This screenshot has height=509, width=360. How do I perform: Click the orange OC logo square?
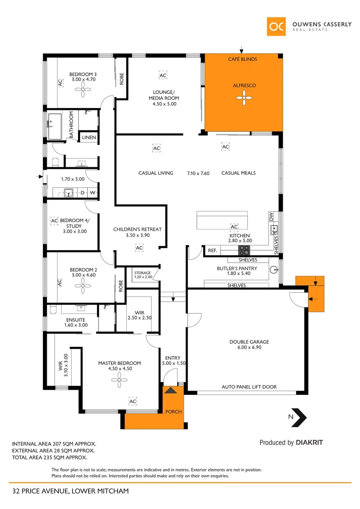click(x=276, y=27)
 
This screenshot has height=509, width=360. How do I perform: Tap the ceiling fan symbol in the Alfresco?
click(x=244, y=99)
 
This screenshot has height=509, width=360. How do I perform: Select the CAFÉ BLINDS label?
click(x=243, y=59)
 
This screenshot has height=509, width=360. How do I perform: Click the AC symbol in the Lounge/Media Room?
click(x=163, y=75)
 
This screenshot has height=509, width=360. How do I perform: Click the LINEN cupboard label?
click(x=89, y=138)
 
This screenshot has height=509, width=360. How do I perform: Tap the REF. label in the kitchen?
click(x=213, y=251)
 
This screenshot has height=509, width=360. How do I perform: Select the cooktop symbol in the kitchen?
click(x=244, y=250)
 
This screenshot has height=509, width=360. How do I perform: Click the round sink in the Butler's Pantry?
click(x=274, y=270)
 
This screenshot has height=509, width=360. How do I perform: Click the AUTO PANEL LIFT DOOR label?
click(x=249, y=387)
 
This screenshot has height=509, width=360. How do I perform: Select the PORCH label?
click(x=173, y=411)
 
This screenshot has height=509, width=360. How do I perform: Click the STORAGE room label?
click(x=142, y=273)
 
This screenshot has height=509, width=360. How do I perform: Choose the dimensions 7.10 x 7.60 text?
click(x=198, y=173)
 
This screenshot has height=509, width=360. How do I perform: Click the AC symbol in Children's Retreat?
click(x=139, y=247)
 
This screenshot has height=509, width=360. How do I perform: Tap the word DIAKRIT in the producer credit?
click(x=309, y=443)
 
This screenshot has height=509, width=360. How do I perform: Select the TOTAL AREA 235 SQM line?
click(x=49, y=457)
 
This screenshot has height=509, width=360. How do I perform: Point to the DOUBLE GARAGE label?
click(x=249, y=342)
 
